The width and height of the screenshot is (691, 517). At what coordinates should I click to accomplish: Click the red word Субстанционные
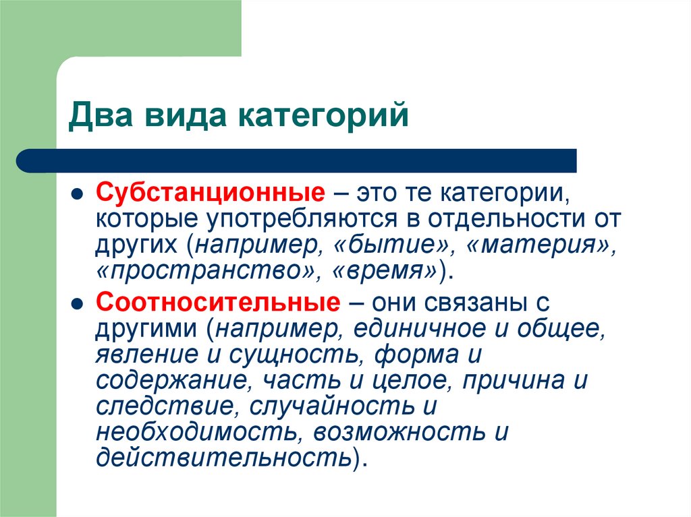click(x=208, y=194)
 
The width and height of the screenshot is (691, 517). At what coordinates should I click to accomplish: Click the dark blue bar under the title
click(x=297, y=161)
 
